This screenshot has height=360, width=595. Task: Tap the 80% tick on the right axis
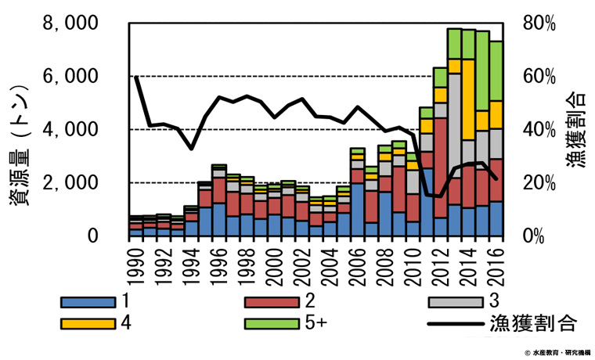click(x=539, y=24)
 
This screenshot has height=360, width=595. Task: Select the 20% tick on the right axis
click(x=539, y=183)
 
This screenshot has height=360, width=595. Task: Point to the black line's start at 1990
click(x=137, y=77)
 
